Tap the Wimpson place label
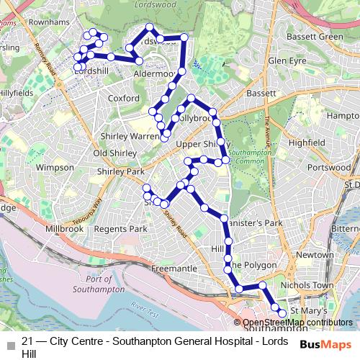(x=55, y=167)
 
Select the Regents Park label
(x=120, y=228)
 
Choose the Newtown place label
(x=315, y=255)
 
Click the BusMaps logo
(x=325, y=345)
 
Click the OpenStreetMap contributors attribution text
(x=297, y=322)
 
